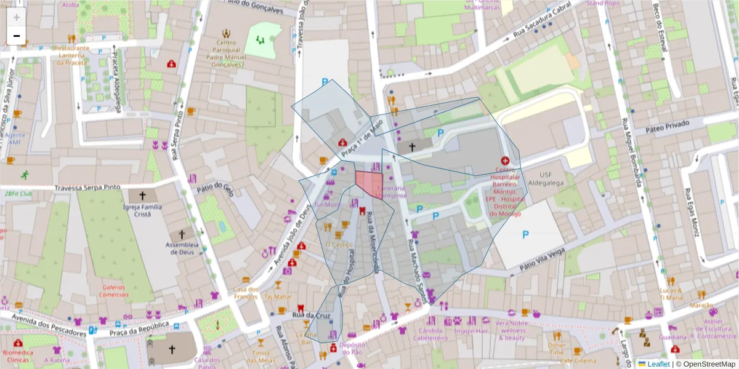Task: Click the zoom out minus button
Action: pyautogui.click(x=17, y=35)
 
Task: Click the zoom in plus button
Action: pyautogui.click(x=17, y=17)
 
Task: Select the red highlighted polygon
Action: pyautogui.click(x=369, y=182)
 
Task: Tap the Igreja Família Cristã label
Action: pyautogui.click(x=142, y=211)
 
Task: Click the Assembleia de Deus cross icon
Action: pyautogui.click(x=181, y=234)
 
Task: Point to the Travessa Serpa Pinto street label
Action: pyautogui.click(x=87, y=188)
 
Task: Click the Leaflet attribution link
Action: pyautogui.click(x=658, y=363)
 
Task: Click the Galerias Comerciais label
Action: pyautogui.click(x=115, y=291)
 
